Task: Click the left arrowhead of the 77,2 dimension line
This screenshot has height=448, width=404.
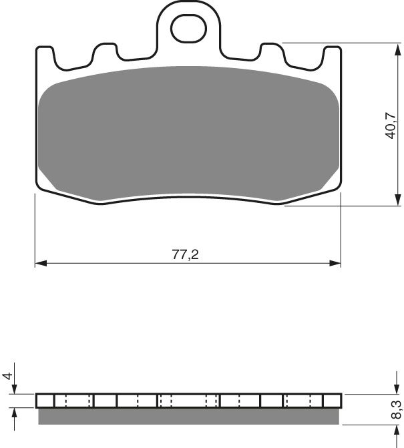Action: pos(39,264)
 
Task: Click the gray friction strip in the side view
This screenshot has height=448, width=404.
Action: pos(188,416)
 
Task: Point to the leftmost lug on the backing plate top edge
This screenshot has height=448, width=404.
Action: pos(45,57)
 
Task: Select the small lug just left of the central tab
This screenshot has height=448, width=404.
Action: pos(103,53)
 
